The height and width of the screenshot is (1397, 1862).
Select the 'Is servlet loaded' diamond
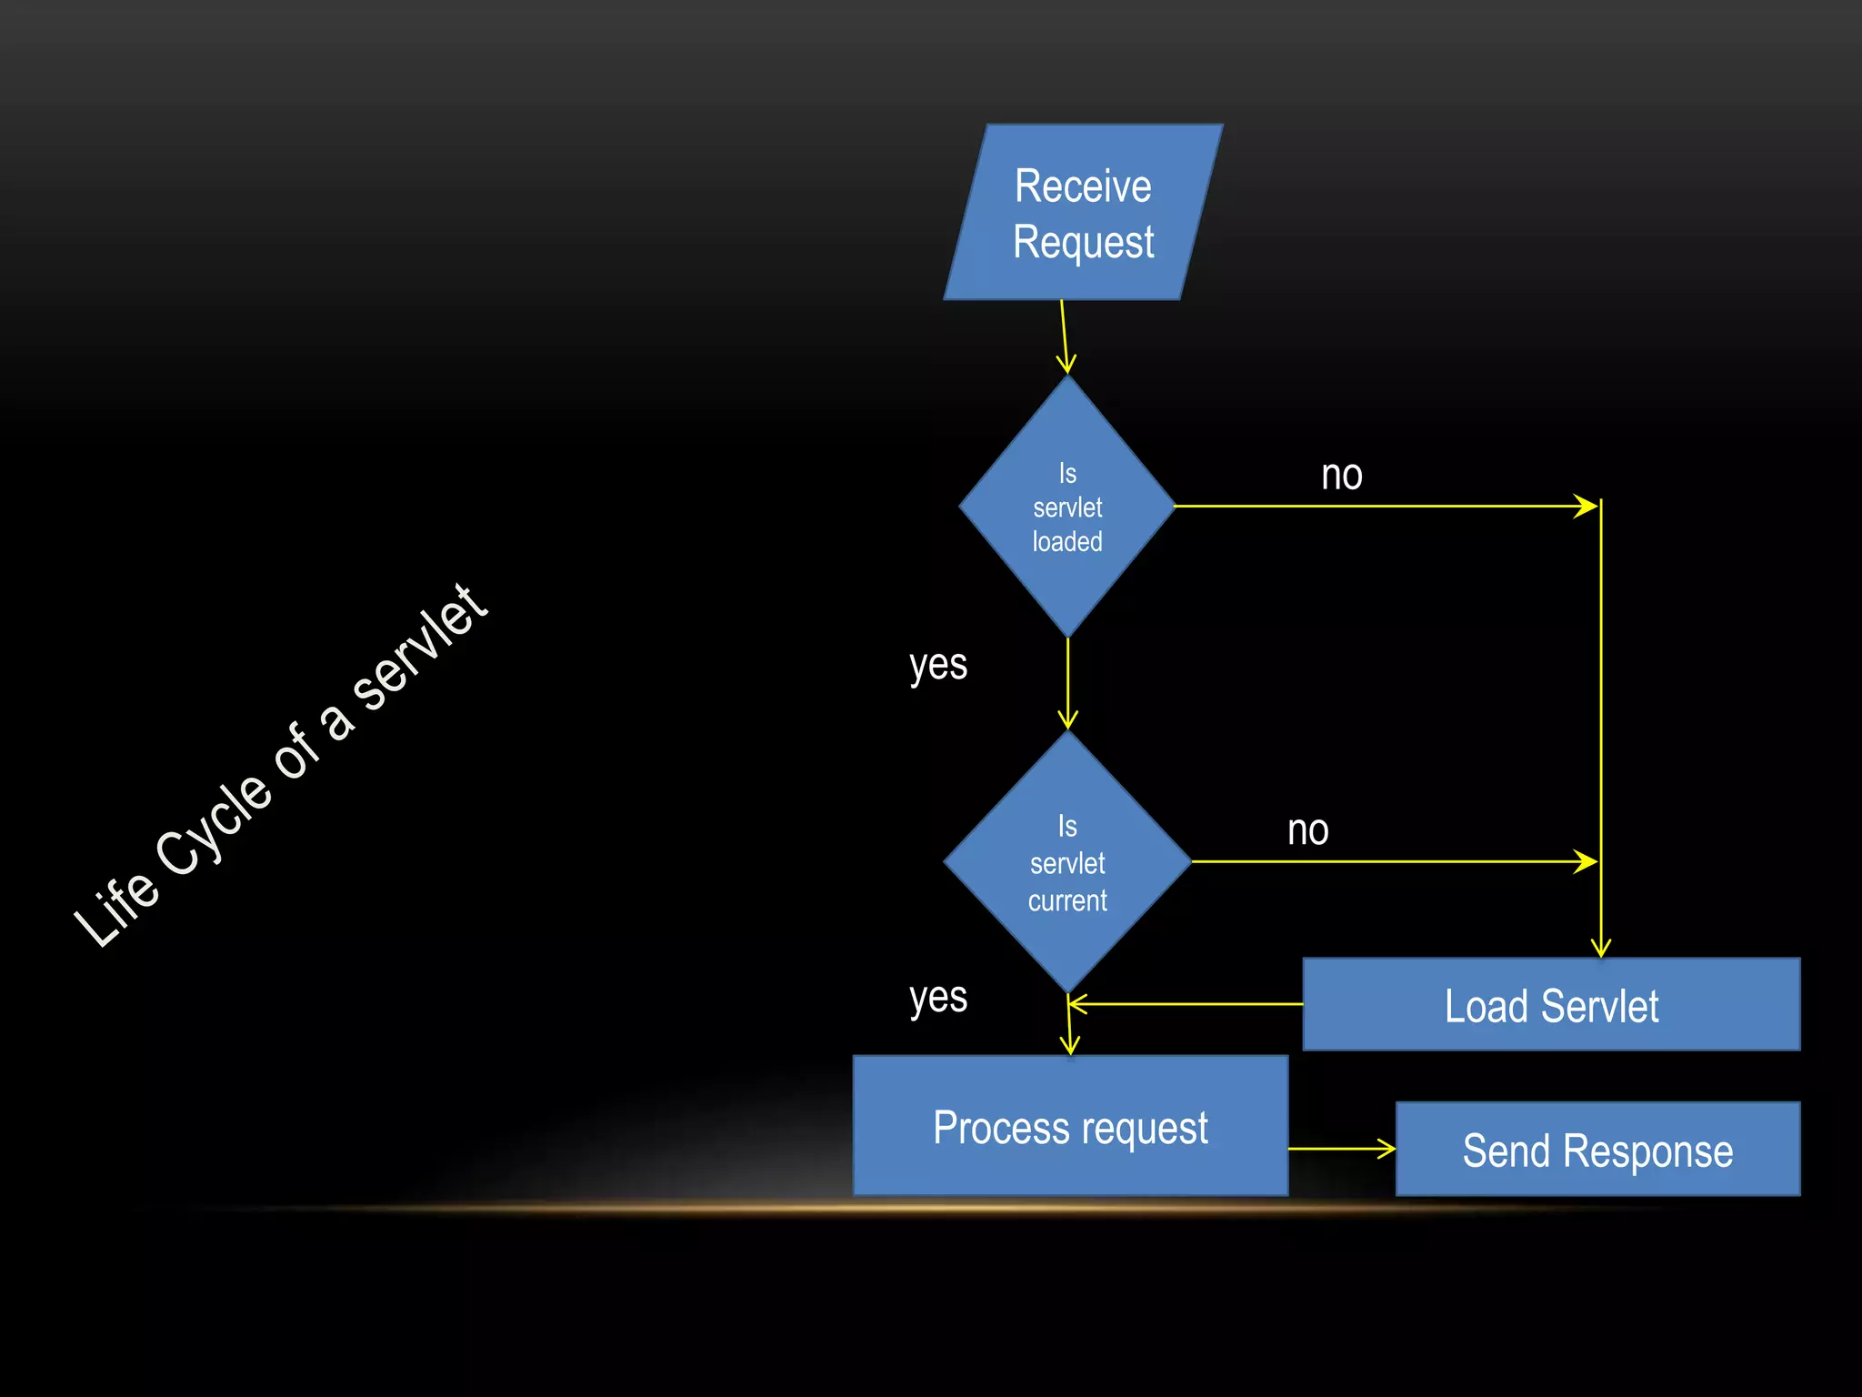click(x=1067, y=507)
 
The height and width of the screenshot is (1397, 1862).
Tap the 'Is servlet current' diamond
click(x=1067, y=862)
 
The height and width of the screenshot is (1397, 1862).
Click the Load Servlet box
click(x=1551, y=1004)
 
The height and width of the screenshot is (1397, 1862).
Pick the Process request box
click(x=1070, y=1126)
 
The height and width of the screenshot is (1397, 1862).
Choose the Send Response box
click(x=1597, y=1149)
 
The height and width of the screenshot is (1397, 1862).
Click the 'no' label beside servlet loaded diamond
click(x=1341, y=476)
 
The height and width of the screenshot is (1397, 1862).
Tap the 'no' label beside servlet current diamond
click(x=1307, y=830)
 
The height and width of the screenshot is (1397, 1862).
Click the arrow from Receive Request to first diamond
click(x=1065, y=337)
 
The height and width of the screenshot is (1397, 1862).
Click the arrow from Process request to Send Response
click(x=1342, y=1149)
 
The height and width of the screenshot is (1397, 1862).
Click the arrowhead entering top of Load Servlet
click(x=1601, y=946)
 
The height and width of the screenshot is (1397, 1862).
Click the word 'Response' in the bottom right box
click(x=1647, y=1151)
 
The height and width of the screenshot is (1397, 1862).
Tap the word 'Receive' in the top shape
click(x=1083, y=186)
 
